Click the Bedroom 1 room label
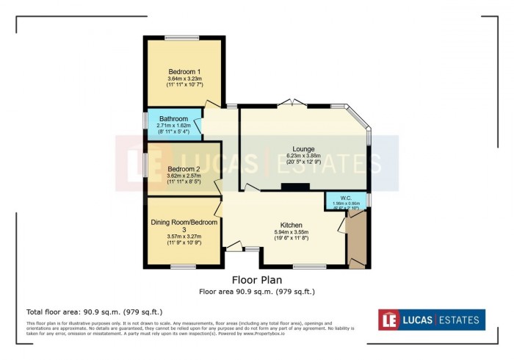(x=184, y=71)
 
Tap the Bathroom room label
(x=174, y=118)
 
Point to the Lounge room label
(x=305, y=147)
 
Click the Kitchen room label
(x=292, y=225)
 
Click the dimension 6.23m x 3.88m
(x=305, y=155)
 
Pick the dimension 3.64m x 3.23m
(x=184, y=79)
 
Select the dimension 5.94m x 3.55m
(x=292, y=233)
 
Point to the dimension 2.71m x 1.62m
(x=174, y=126)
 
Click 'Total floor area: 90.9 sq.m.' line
(x=94, y=312)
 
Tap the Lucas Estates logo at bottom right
(x=432, y=320)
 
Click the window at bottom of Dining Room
(x=183, y=267)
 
